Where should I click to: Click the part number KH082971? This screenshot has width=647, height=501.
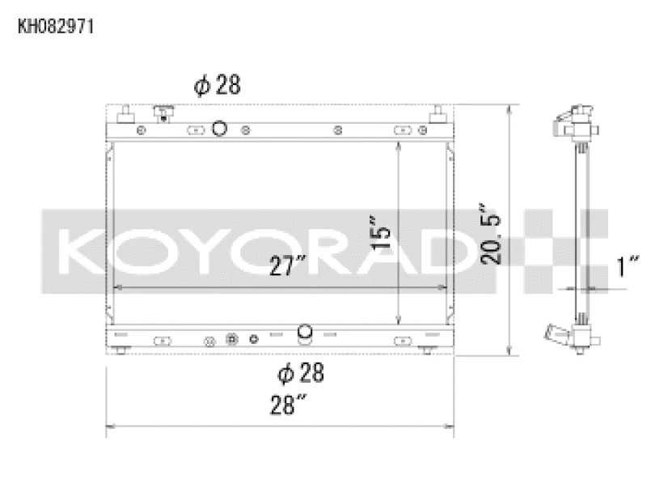[x=57, y=27]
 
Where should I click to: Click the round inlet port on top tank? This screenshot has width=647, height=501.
[x=218, y=128]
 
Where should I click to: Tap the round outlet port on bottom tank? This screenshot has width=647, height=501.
[x=305, y=331]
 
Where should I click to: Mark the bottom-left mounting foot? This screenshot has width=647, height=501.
[x=122, y=350]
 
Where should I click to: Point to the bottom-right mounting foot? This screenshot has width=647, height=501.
[x=428, y=350]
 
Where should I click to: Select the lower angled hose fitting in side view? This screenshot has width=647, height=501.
[x=557, y=331]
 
